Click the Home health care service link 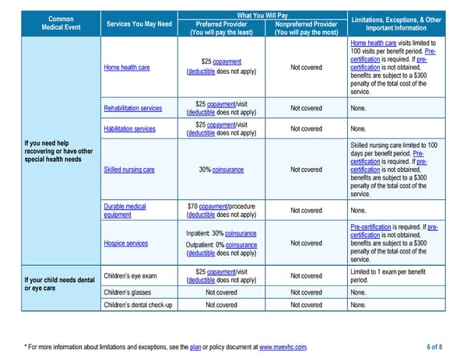126,68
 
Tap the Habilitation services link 129,129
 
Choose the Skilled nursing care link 128,170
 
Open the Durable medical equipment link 125,210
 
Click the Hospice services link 125,243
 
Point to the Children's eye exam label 130,276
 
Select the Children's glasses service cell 128,292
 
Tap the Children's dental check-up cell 138,305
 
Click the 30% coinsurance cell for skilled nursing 221,170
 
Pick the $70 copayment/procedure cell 221,210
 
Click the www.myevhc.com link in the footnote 283,346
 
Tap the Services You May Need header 139,23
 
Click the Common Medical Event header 61,23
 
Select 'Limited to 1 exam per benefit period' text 388,276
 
